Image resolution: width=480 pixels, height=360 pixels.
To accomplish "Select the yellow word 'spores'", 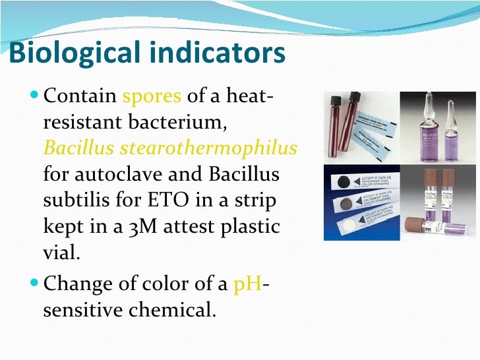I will click(x=152, y=98).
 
